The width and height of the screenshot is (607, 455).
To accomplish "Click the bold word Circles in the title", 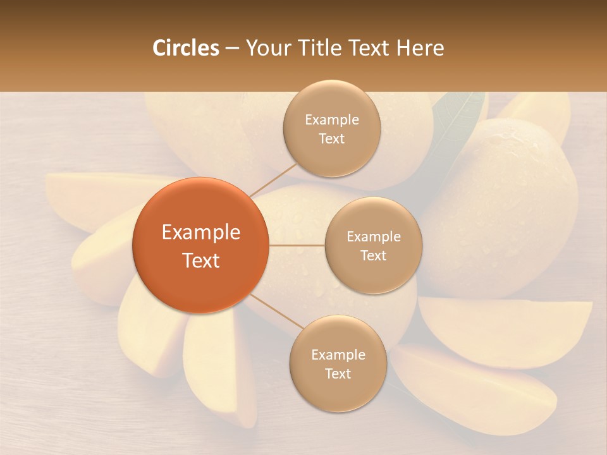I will [185, 47].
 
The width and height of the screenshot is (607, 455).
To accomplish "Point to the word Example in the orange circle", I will [201, 233].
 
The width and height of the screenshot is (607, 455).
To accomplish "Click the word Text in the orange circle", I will [201, 260].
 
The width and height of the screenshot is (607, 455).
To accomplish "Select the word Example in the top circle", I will [331, 119].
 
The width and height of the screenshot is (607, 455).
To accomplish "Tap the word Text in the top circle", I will [331, 138].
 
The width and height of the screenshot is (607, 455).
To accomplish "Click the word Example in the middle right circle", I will [373, 236].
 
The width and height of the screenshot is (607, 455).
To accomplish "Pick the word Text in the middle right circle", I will [373, 255].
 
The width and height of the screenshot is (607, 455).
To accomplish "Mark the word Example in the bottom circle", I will [338, 355].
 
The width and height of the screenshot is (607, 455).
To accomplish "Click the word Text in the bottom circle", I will [338, 373].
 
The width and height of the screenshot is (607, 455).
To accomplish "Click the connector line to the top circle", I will [274, 179].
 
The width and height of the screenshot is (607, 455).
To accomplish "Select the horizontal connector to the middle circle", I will [297, 245].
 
